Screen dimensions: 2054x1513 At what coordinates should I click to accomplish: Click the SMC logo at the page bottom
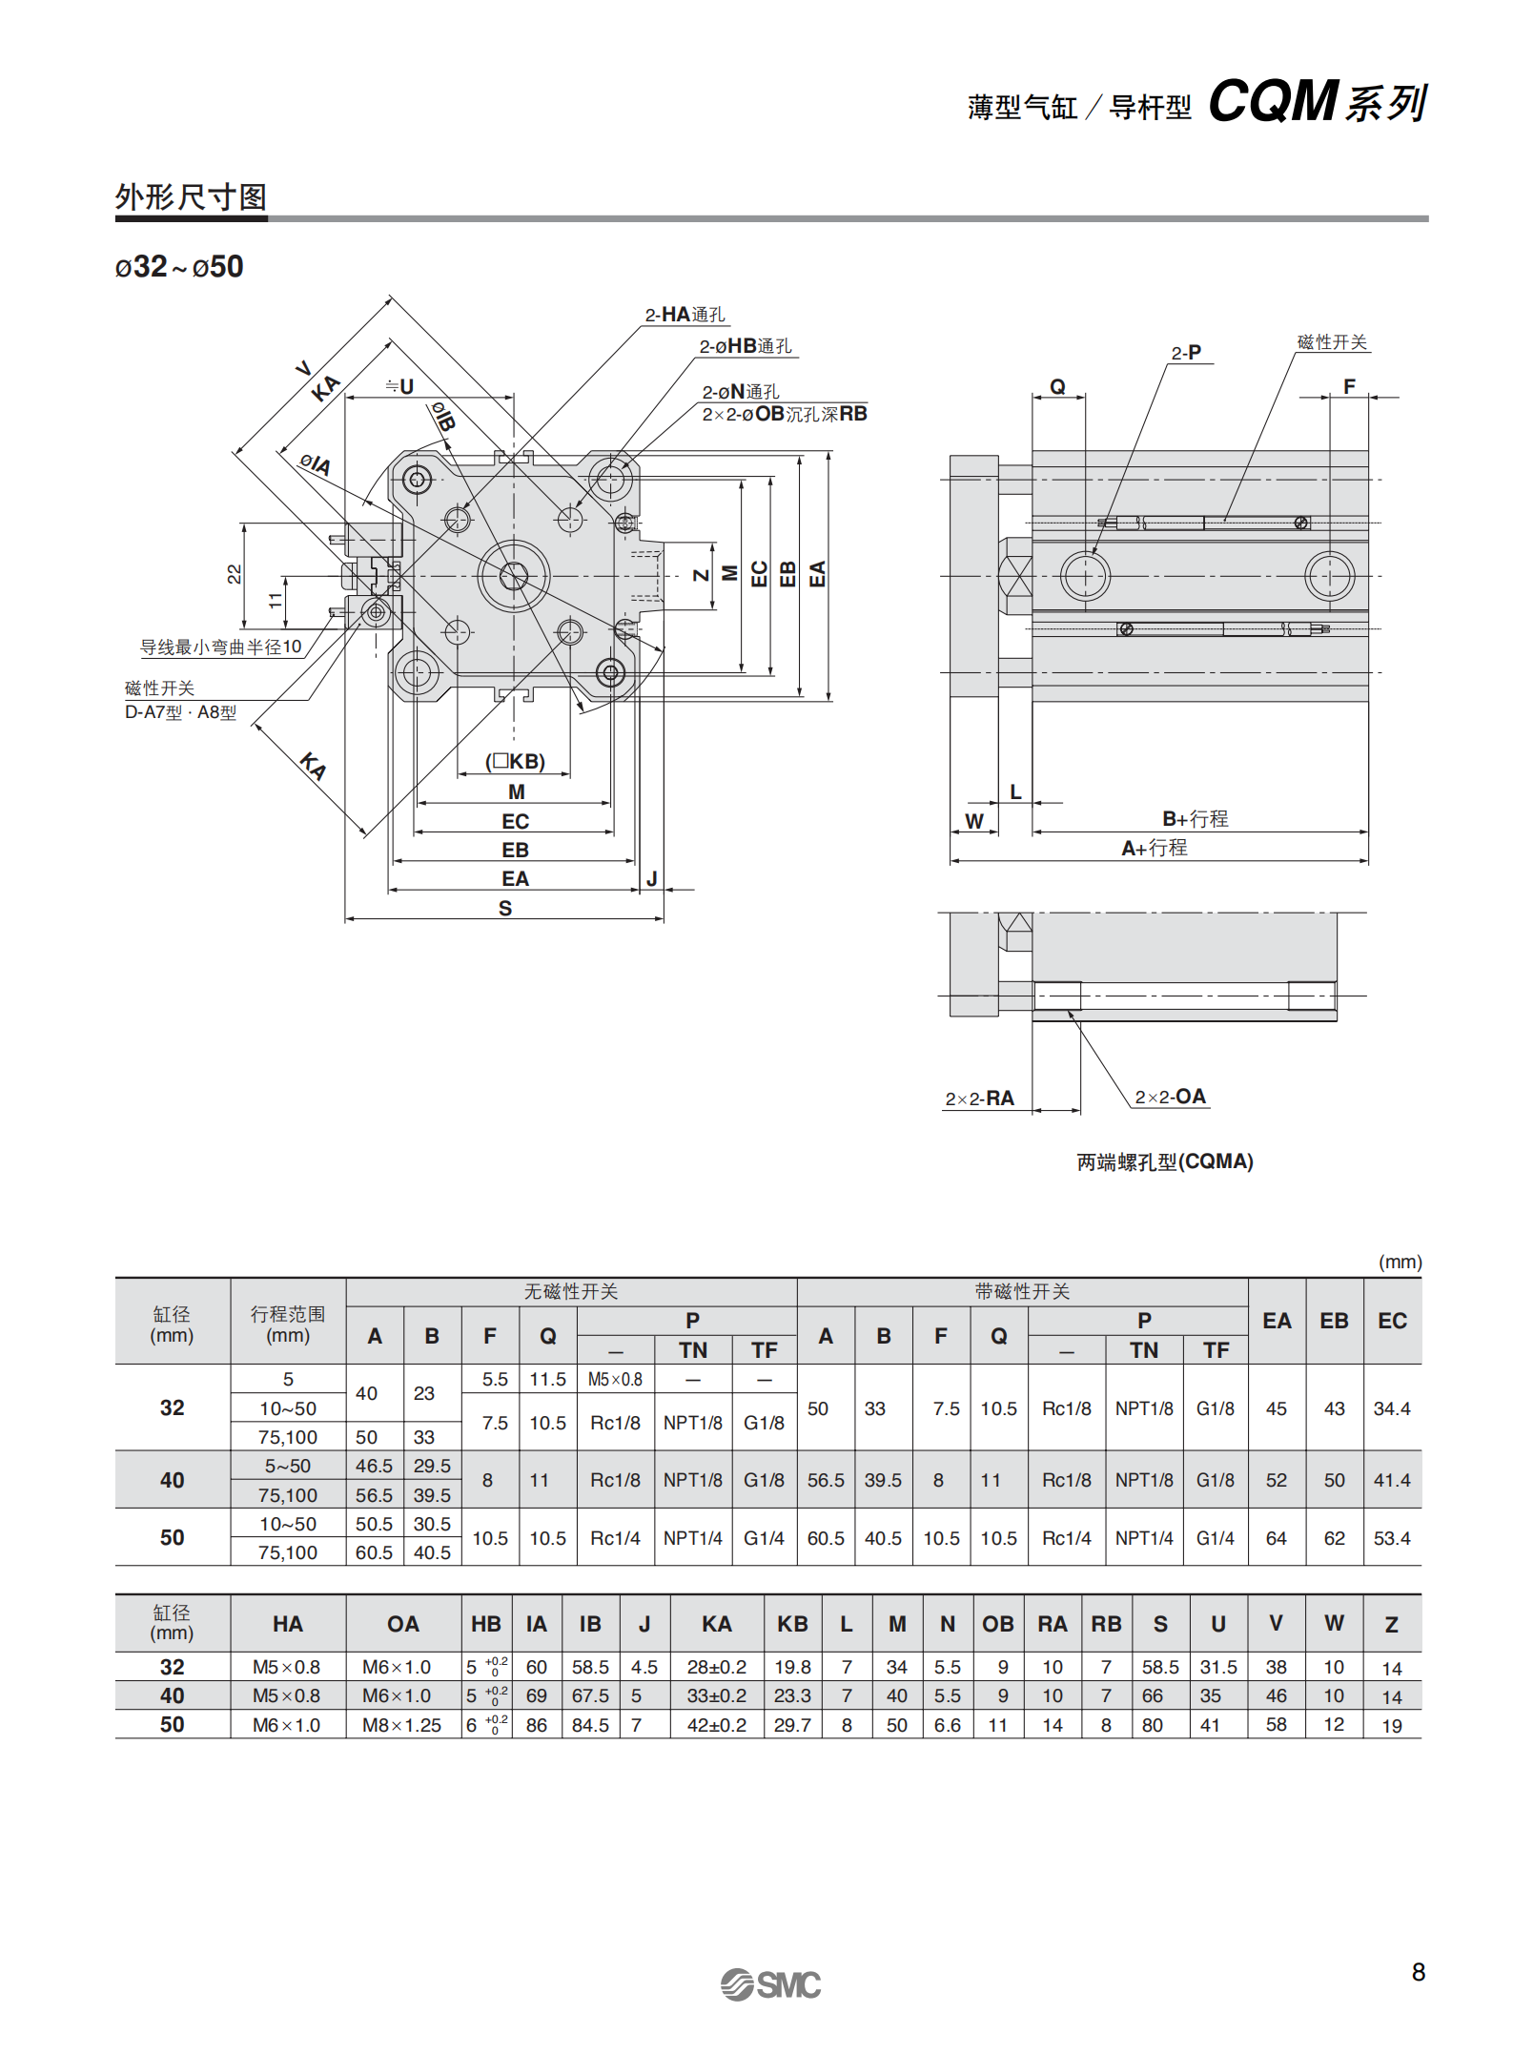770,1984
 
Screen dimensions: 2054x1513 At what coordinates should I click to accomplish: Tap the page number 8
1418,1971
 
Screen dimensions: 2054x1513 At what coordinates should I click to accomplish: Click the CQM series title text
1318,101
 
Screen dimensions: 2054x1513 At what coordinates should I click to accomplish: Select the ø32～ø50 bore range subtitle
179,267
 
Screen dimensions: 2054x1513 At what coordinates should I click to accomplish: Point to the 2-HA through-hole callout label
685,315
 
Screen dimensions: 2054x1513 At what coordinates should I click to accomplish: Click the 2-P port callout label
1186,353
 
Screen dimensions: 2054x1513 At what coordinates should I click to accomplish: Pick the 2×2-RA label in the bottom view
979,1099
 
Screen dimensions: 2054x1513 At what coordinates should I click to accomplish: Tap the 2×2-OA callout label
1170,1097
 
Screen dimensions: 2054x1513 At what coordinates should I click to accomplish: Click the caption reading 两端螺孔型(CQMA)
1164,1161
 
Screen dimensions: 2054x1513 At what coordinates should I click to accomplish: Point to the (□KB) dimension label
515,761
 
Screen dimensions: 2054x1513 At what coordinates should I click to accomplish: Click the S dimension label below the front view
505,908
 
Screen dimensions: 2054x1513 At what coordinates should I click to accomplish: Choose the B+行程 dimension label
1195,818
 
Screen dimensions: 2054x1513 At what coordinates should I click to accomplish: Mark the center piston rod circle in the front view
514,575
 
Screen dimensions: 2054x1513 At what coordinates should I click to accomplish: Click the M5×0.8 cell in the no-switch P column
615,1379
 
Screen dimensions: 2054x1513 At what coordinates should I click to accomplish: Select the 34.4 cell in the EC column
1391,1408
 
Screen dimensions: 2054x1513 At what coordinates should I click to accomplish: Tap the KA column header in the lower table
716,1624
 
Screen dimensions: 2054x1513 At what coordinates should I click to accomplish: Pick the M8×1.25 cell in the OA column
401,1725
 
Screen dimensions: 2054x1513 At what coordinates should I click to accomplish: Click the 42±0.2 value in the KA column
716,1725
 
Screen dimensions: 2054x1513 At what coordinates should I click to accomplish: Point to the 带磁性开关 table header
1022,1291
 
